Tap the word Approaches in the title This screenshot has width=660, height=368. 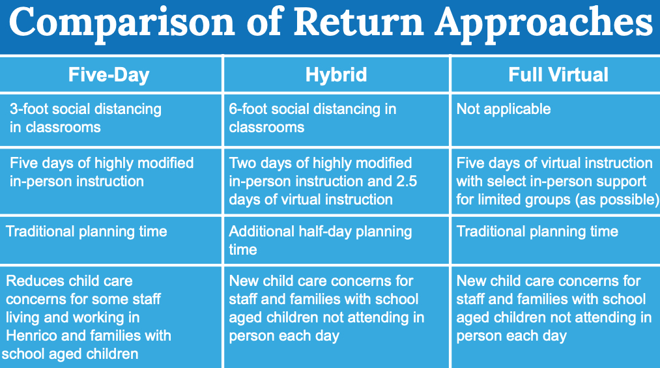[543, 23]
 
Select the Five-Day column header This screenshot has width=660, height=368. [109, 75]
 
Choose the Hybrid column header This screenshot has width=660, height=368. [336, 75]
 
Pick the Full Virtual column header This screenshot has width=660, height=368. [558, 75]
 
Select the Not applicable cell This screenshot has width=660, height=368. [503, 109]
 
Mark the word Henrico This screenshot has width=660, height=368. [35, 336]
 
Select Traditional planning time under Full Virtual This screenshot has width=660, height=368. [537, 231]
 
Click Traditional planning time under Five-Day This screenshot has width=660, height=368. [86, 231]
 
